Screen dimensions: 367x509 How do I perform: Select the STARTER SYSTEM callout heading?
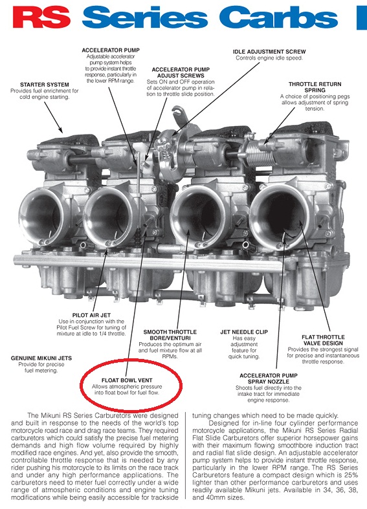point(45,85)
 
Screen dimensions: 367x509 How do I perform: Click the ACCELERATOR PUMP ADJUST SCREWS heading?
point(181,72)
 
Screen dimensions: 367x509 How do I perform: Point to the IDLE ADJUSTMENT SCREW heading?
point(269,52)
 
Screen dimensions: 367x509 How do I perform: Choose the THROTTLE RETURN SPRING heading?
point(315,87)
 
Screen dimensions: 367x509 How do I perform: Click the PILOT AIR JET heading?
point(91,315)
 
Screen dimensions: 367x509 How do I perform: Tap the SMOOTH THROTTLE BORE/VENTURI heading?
point(170,335)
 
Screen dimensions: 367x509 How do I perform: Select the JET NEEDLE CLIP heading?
point(244,332)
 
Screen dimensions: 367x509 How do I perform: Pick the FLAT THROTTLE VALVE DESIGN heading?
point(323,340)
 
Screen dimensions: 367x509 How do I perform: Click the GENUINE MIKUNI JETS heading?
point(41,358)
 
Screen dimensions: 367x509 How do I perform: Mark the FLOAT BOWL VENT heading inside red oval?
point(127,380)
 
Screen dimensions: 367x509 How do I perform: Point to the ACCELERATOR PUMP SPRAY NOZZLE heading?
point(268,378)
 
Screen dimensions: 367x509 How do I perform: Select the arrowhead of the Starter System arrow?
point(60,129)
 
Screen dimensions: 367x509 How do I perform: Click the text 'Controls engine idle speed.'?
point(269,58)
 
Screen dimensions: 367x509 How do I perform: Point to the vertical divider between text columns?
point(186,455)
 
